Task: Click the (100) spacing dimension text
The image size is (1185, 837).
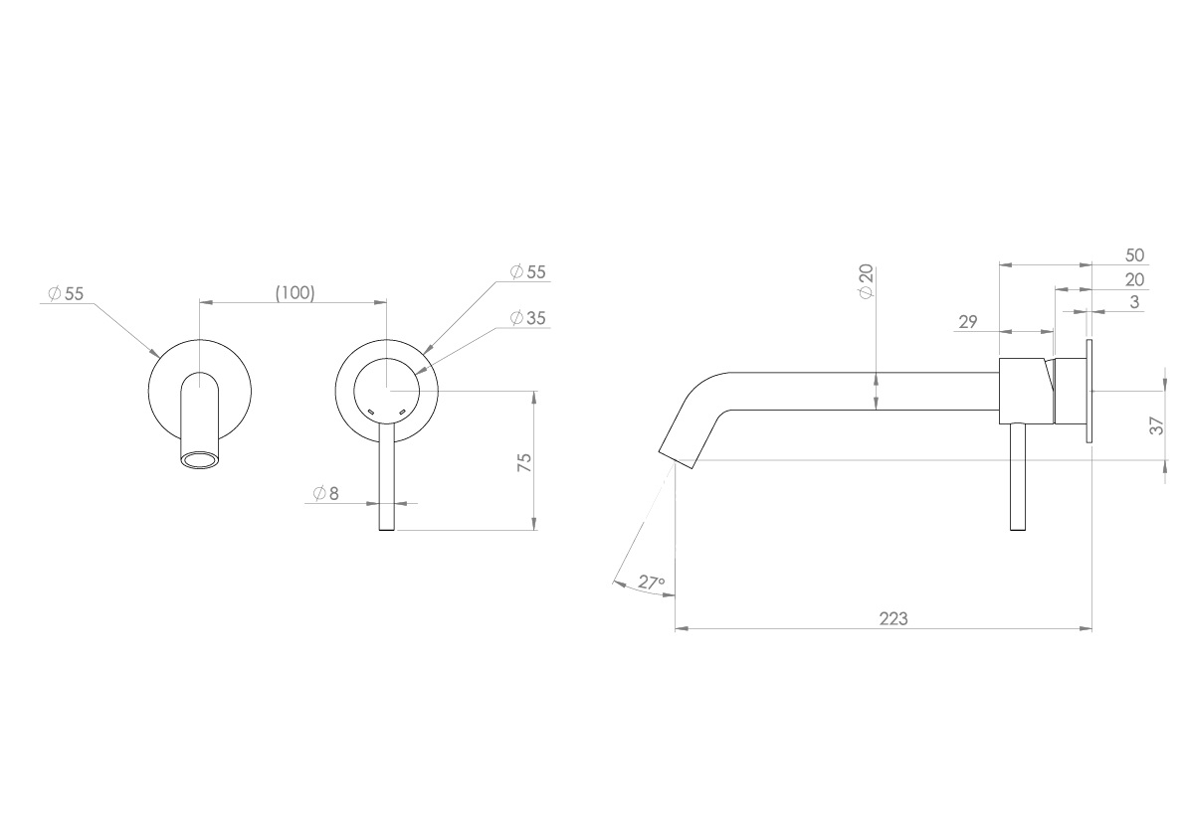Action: coord(294,292)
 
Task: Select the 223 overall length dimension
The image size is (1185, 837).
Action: coord(892,617)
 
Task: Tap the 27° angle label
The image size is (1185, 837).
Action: coord(651,584)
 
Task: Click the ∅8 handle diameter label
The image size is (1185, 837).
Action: coord(325,493)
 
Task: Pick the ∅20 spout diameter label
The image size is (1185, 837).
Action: coord(866,284)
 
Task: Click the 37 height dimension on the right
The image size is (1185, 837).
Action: coord(1156,425)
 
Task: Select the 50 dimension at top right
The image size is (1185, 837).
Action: coord(1134,255)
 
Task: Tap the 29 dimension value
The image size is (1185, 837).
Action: coord(968,322)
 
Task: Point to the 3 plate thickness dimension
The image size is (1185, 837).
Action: coord(1134,302)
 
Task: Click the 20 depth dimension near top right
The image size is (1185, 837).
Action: coord(1134,279)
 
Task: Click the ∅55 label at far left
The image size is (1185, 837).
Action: coord(67,293)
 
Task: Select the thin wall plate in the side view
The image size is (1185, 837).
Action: coord(1089,391)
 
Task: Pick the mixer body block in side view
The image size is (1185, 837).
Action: coord(1025,390)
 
